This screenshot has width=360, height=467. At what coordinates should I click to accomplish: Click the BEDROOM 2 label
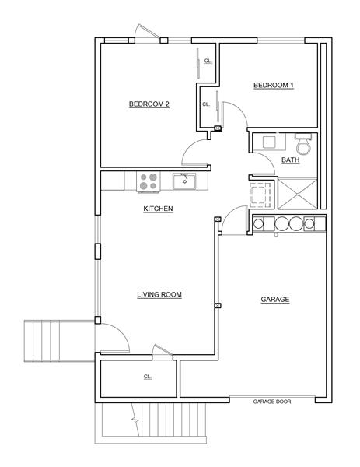click(149, 104)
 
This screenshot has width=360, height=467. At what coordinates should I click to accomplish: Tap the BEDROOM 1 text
click(274, 86)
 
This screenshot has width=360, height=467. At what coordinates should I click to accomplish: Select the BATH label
click(290, 160)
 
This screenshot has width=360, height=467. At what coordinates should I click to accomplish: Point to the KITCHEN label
click(158, 209)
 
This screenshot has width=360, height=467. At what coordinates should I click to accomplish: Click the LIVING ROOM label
click(159, 294)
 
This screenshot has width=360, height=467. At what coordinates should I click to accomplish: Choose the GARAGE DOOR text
click(272, 402)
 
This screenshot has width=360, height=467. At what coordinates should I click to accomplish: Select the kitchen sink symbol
click(184, 182)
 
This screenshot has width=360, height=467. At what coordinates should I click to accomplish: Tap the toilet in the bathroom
click(302, 145)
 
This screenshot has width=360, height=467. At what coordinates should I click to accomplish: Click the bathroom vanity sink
click(270, 142)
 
